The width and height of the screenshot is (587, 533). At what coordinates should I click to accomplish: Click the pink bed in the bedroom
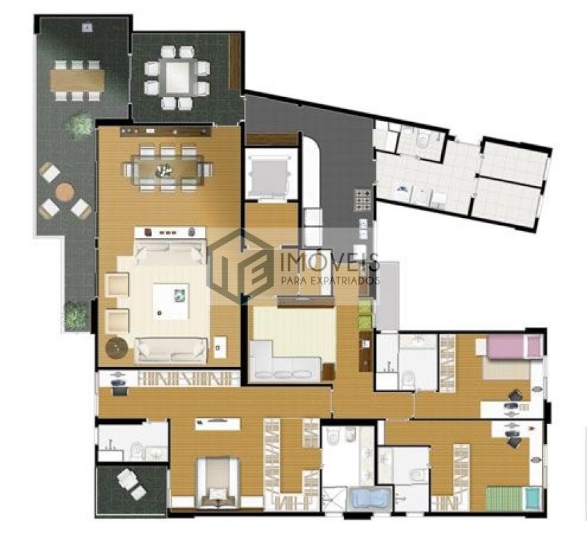[x=515, y=347]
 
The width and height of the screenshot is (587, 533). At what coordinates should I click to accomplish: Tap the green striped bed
[x=513, y=498]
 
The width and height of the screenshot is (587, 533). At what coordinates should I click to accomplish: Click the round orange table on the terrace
[x=65, y=192]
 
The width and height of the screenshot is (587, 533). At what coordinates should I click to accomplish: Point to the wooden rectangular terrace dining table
[x=77, y=81]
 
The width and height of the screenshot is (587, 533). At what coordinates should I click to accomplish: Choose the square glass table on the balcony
[x=177, y=77]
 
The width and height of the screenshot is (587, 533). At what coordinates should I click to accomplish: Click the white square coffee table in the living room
[x=171, y=301]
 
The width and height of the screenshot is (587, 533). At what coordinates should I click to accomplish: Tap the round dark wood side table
[x=117, y=348]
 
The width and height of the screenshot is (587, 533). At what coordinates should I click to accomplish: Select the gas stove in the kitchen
[x=363, y=200]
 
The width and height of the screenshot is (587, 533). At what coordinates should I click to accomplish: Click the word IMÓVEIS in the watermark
[x=330, y=263]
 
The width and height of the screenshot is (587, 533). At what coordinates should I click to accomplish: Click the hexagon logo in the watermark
[x=242, y=266]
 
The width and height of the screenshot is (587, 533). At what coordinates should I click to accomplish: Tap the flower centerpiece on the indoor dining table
[x=164, y=170]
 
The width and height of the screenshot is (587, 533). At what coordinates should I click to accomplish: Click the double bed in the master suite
[x=218, y=482]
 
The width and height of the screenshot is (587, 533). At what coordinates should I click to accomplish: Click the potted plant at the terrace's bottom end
[x=76, y=316]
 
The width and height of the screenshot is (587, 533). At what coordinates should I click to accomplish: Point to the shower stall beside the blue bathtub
[x=335, y=499]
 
